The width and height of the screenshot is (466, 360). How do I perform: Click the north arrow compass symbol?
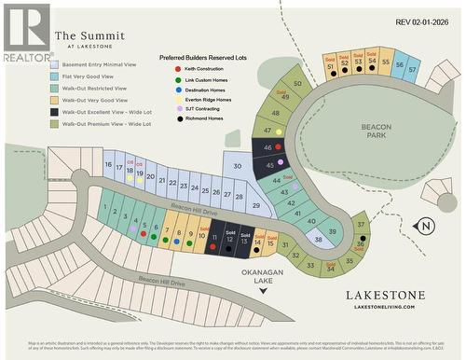click(x=424, y=226)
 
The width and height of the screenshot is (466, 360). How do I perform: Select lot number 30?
click(x=238, y=167)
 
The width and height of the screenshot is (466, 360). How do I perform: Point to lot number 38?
click(x=317, y=239)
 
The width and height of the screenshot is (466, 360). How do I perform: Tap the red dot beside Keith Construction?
click(x=165, y=70)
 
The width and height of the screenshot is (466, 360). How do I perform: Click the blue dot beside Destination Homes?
click(x=165, y=90)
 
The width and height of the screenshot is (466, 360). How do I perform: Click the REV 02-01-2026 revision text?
click(x=427, y=21)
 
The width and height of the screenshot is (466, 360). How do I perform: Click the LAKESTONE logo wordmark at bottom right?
click(x=385, y=295)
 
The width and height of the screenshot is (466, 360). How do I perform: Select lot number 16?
click(x=109, y=165)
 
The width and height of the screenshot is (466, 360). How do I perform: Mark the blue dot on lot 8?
click(x=177, y=239)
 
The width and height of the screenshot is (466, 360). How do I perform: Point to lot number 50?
click(x=297, y=84)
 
